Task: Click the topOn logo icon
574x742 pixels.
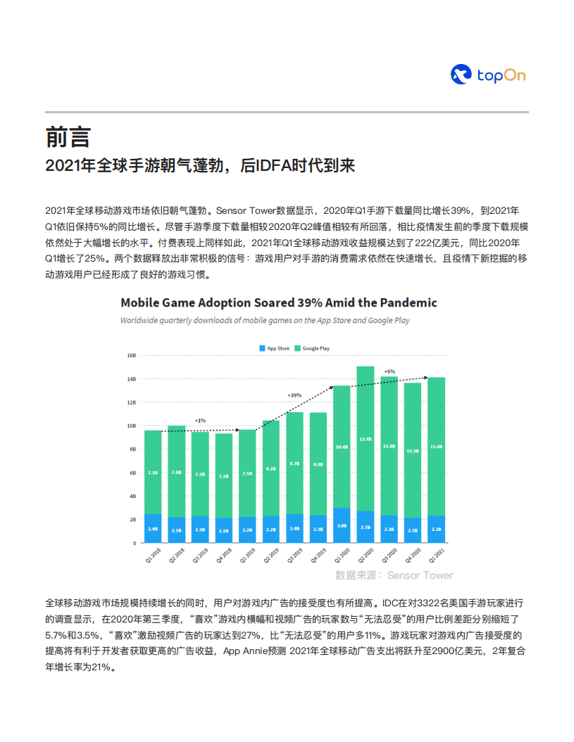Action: pyautogui.click(x=461, y=75)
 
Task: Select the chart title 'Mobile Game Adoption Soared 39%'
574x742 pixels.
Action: pyautogui.click(x=278, y=302)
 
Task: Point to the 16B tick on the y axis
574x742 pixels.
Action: pyautogui.click(x=131, y=355)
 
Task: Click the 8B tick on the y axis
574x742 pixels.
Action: pyautogui.click(x=131, y=449)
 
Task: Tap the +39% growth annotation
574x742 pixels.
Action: pyautogui.click(x=294, y=395)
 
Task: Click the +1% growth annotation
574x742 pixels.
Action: pyautogui.click(x=200, y=421)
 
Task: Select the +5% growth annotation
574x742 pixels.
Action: pyautogui.click(x=389, y=371)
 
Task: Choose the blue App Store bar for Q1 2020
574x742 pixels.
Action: pyautogui.click(x=342, y=525)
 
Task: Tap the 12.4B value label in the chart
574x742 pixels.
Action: pyautogui.click(x=366, y=439)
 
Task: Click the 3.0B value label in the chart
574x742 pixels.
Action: pyautogui.click(x=342, y=525)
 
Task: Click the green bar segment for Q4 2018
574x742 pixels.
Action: pyautogui.click(x=224, y=475)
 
